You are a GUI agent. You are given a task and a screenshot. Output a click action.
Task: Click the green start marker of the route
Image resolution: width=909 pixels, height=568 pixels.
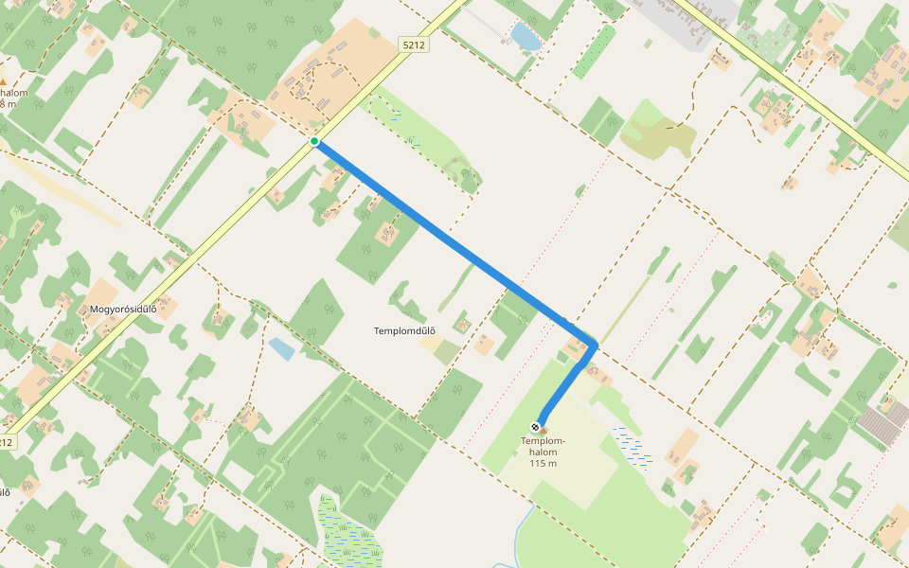click(314, 142)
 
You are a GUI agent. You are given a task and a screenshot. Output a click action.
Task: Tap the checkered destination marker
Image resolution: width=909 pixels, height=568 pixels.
click(536, 427)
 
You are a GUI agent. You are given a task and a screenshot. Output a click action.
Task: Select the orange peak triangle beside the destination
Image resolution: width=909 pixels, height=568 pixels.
click(544, 431)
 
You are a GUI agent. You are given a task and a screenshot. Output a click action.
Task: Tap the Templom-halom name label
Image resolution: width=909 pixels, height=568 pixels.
click(544, 447)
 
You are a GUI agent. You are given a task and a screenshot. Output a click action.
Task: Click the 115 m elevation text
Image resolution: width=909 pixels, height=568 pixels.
click(544, 463)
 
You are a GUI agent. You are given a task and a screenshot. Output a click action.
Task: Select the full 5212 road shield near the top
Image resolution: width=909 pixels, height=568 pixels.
click(414, 44)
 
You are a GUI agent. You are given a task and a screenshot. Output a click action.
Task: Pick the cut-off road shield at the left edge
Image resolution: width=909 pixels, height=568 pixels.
click(7, 442)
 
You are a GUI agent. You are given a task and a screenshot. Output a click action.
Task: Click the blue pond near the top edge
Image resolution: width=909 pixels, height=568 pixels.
click(526, 37)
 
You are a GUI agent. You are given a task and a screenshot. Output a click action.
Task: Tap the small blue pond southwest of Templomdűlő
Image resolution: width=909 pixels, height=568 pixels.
click(281, 348)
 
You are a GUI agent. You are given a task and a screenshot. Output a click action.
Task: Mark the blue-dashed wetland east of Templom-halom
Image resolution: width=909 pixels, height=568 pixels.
click(633, 448)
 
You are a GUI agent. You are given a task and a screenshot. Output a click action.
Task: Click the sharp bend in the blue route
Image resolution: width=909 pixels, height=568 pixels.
click(594, 345)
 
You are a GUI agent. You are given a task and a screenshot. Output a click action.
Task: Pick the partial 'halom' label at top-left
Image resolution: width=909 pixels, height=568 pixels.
click(13, 93)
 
